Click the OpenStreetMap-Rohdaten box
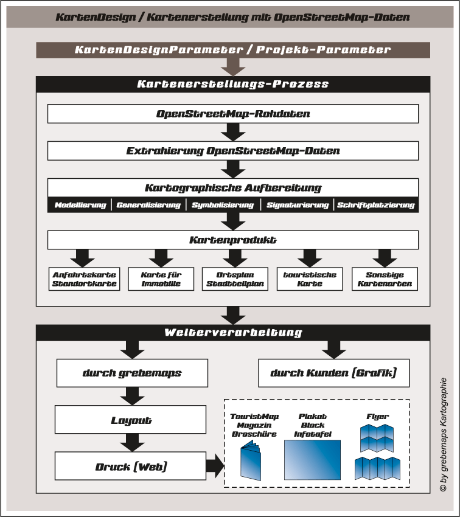coord(233,114)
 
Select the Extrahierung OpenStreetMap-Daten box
coord(233,151)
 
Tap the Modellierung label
coord(80,205)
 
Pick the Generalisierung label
coord(148,205)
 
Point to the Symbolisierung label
coord(223,205)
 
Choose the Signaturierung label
coord(298,205)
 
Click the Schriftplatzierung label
coord(376,205)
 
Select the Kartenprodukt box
coord(233,240)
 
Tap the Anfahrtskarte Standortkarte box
coord(85,279)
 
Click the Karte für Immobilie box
coord(161,279)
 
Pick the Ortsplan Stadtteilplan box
coord(234,279)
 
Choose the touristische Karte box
coord(310,279)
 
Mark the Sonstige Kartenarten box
coord(385,279)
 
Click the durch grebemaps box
coord(132,373)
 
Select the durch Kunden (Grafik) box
coord(333,373)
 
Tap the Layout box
coord(132,420)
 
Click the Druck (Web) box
coord(132,467)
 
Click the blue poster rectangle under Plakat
coord(312,460)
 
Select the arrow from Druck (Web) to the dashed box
coord(214,467)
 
